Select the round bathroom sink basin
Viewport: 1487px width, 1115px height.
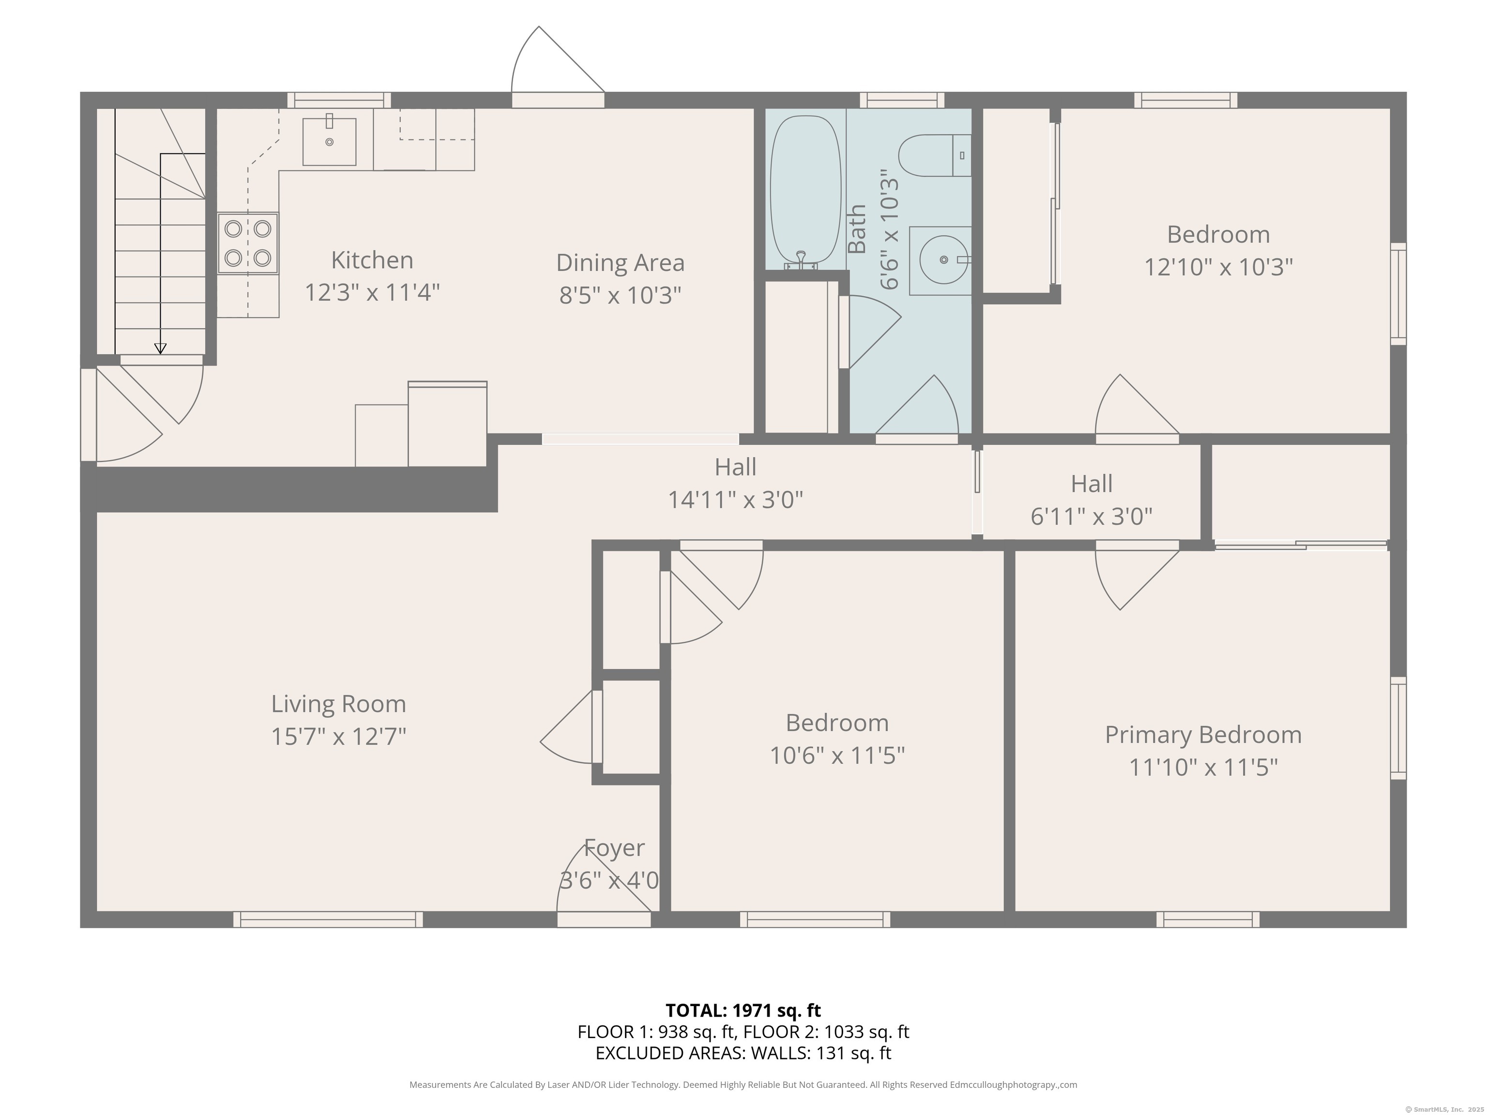(944, 259)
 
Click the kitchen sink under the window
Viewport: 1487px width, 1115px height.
(330, 141)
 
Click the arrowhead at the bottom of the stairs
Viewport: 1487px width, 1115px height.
(160, 348)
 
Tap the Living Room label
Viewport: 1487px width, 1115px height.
(339, 704)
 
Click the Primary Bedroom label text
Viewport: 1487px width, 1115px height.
(1203, 735)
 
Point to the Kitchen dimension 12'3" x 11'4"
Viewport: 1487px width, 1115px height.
(372, 292)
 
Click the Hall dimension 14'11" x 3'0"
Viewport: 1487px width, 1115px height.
(735, 500)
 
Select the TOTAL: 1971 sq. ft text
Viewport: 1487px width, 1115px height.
(743, 1010)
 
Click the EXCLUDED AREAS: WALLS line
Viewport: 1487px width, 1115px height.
(743, 1053)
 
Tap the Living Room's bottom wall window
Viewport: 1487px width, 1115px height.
(328, 919)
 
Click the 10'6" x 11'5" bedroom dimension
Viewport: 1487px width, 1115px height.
(837, 755)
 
